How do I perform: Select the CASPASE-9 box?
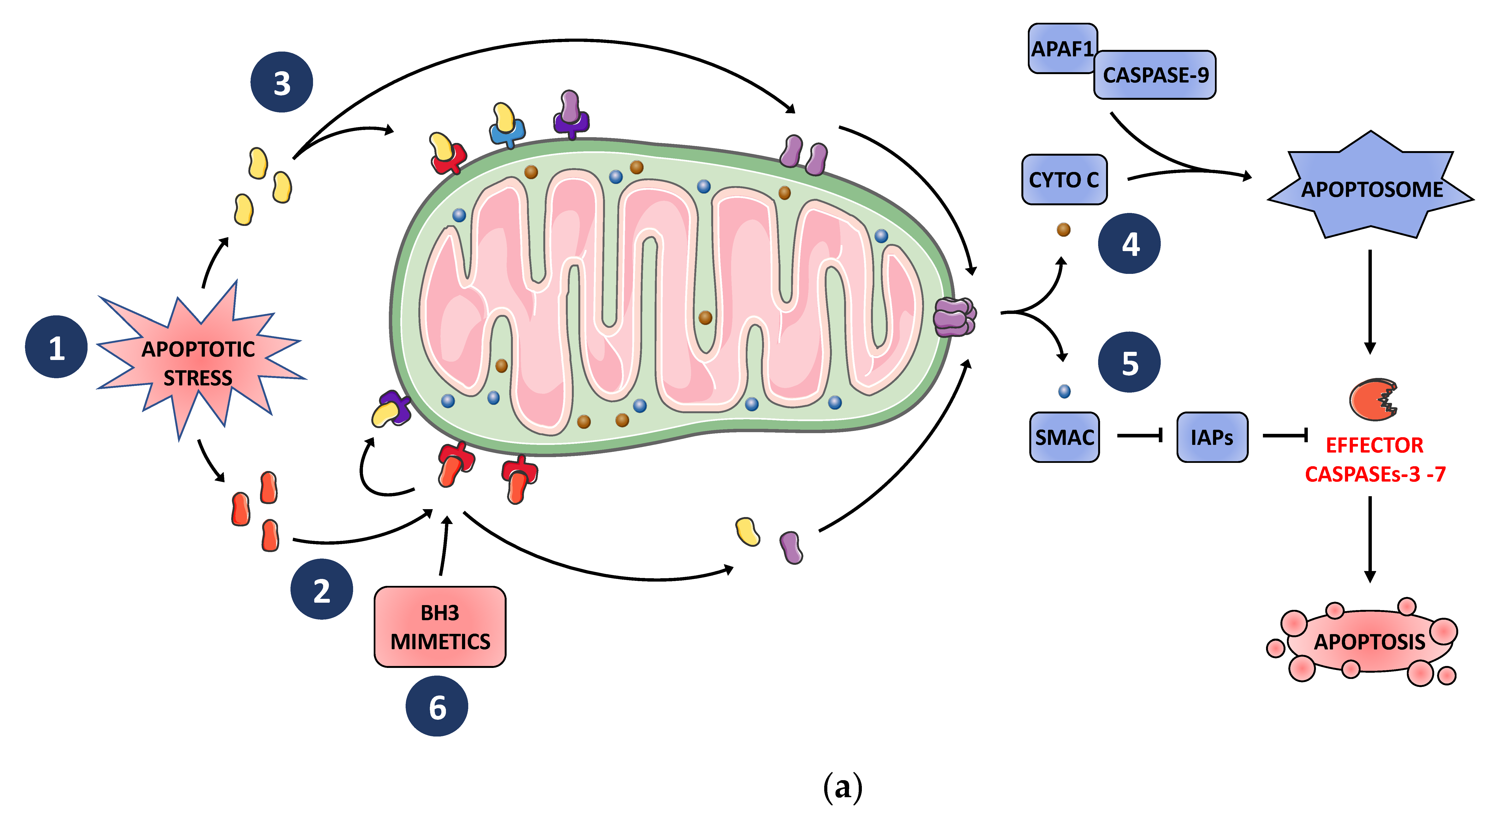tap(1155, 75)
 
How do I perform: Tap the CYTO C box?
tap(1064, 179)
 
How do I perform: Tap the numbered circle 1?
tap(56, 347)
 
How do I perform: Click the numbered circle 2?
tap(321, 589)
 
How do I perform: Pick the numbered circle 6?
tap(437, 707)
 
